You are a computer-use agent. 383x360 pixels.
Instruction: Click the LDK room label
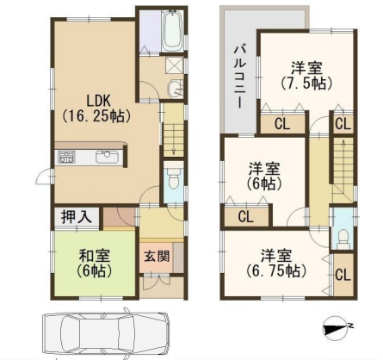click(x=96, y=109)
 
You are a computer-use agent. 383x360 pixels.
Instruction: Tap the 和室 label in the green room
click(x=94, y=256)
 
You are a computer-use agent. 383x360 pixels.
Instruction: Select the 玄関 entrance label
click(x=157, y=256)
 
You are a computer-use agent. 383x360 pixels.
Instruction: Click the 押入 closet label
click(x=76, y=216)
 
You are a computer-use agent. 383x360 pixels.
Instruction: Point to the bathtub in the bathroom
click(x=172, y=30)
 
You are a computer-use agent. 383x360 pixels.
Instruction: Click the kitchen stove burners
click(x=66, y=158)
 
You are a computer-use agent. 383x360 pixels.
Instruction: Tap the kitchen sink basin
click(x=107, y=157)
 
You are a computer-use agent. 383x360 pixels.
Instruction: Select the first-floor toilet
click(x=173, y=177)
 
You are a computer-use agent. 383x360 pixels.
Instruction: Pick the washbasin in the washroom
click(x=176, y=88)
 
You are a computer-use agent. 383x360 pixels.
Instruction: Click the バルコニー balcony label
click(x=238, y=77)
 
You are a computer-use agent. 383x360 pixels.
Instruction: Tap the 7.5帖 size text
click(x=306, y=84)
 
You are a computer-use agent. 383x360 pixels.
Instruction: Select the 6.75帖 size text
click(x=275, y=270)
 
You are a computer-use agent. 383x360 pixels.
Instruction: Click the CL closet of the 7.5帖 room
click(x=282, y=124)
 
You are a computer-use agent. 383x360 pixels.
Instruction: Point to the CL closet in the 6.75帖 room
click(x=343, y=275)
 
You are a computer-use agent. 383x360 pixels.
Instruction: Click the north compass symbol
click(x=336, y=328)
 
